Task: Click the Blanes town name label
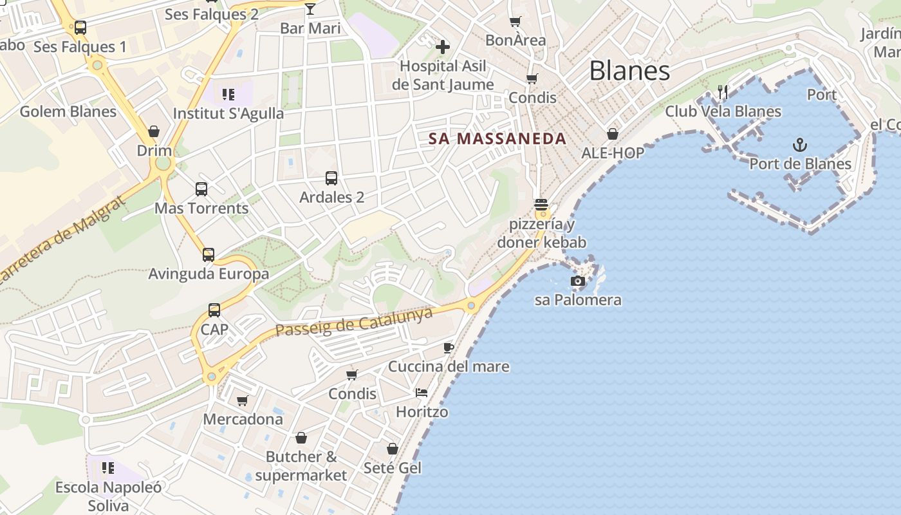coord(629,71)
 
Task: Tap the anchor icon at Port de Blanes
coord(799,144)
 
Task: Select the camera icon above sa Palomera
coord(578,281)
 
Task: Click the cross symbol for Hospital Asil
coord(443,46)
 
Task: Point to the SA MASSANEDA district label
coord(497,138)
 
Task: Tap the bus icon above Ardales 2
coord(331,178)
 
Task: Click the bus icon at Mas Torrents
coord(201,189)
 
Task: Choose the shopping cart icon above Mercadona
coord(243,401)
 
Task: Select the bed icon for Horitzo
coord(422,393)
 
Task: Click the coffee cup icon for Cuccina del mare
coord(449,348)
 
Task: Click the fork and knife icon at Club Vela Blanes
coord(723,92)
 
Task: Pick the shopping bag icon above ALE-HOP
coord(613,134)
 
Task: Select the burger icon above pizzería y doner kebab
coord(541,205)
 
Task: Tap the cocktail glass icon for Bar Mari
coord(310,9)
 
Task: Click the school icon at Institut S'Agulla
coord(228,95)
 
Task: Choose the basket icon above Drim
coord(154,132)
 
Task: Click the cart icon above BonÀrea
coord(516,22)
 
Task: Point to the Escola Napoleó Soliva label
coord(108,496)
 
